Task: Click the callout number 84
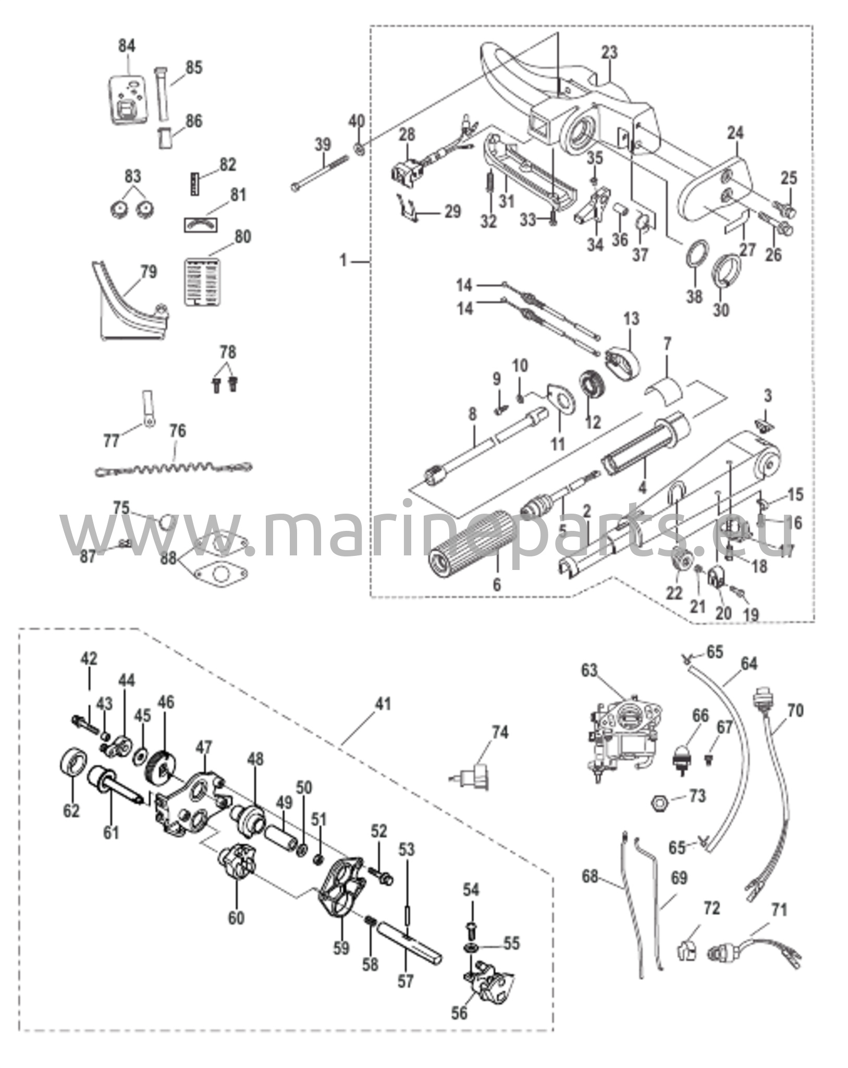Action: pyautogui.click(x=126, y=46)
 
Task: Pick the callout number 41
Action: pyautogui.click(x=383, y=704)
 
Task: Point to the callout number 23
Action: pyautogui.click(x=609, y=53)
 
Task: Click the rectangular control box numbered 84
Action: pyautogui.click(x=125, y=99)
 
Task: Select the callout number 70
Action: pyautogui.click(x=795, y=710)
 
